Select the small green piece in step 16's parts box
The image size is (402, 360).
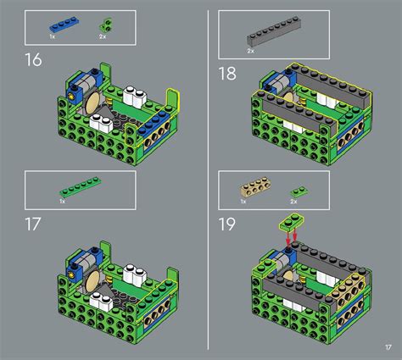[105, 25]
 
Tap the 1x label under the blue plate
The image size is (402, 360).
[52, 37]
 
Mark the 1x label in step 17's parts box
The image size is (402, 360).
[63, 202]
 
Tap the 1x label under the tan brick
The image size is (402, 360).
[244, 202]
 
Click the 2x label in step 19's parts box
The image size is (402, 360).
[293, 202]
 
